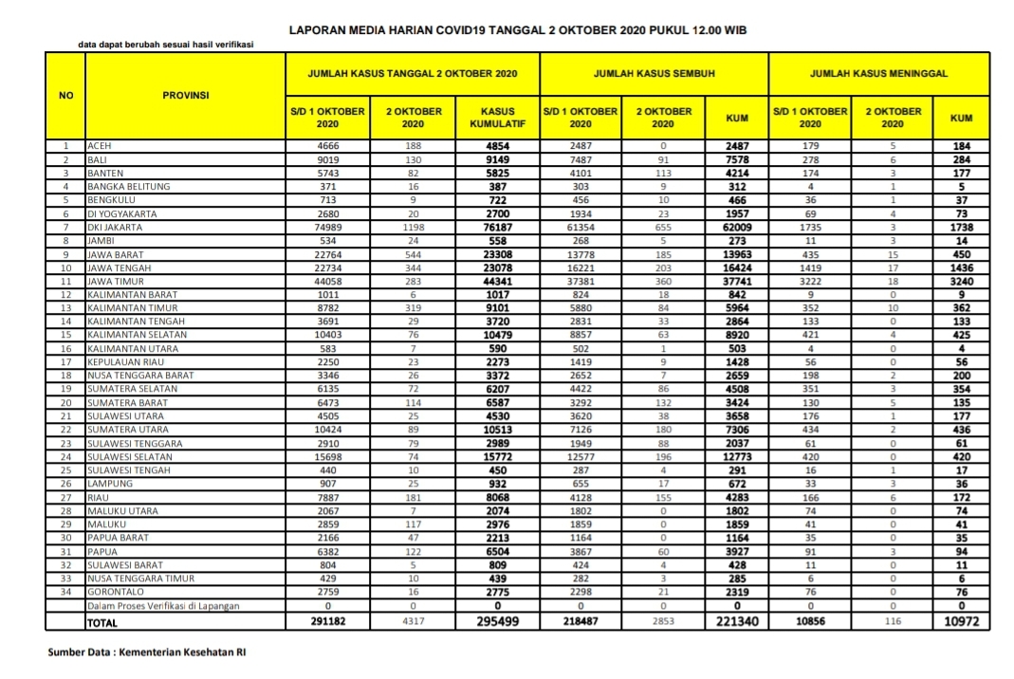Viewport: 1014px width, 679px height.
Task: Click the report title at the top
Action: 518,30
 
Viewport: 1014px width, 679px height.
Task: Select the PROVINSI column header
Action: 185,95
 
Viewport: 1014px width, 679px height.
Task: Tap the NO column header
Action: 65,95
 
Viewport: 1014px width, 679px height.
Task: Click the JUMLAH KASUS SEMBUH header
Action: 654,73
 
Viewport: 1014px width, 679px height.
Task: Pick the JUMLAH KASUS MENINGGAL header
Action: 878,73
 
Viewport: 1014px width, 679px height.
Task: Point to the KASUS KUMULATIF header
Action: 498,118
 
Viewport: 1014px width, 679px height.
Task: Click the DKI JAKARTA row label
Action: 115,228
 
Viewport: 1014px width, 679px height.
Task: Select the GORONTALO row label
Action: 114,592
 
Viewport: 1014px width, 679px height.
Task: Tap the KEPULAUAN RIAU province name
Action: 124,362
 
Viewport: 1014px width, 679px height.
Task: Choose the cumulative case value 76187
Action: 498,228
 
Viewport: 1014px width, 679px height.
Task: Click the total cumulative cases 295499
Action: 498,622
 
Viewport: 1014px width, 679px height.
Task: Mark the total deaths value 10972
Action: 961,622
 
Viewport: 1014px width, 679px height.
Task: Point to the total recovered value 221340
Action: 736,622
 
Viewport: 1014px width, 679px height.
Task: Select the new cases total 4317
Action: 413,622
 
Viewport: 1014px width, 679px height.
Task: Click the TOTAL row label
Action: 103,622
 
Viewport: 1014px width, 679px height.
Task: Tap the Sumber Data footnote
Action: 146,652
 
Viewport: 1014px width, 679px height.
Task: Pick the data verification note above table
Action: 165,45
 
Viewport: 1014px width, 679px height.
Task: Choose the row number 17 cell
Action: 65,362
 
